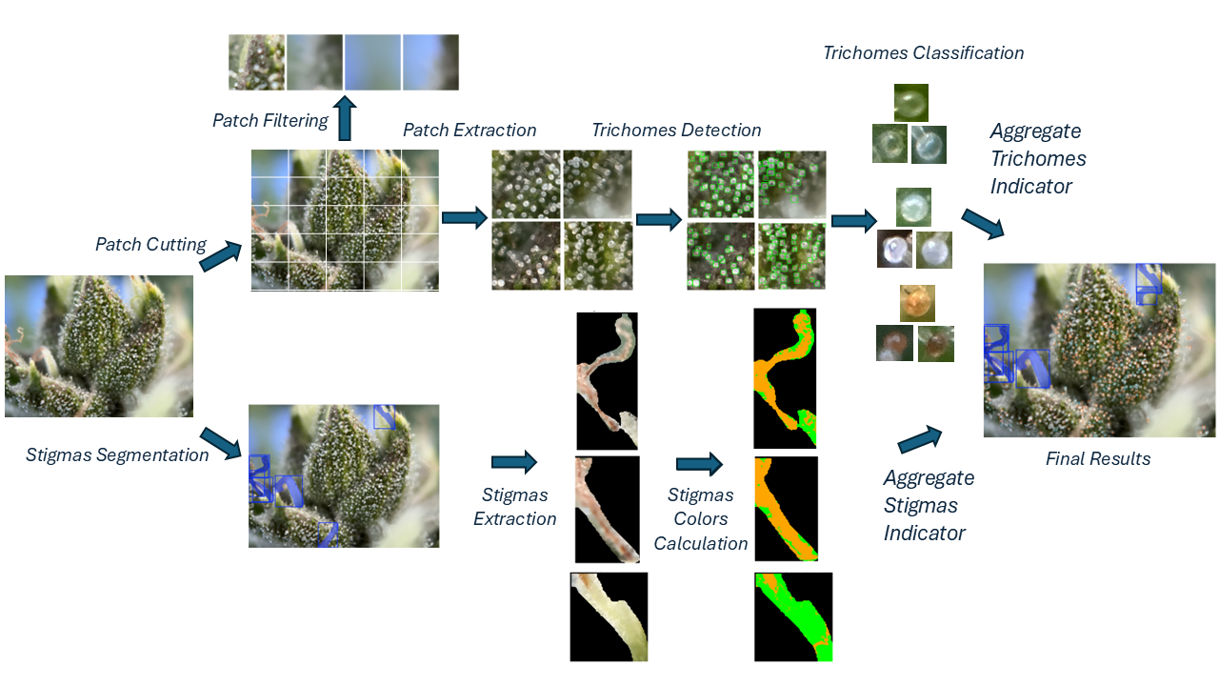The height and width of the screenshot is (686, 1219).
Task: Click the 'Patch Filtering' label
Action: (x=270, y=121)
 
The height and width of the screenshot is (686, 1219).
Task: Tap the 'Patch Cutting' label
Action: (x=150, y=245)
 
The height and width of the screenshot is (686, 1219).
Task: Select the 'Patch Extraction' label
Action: (x=470, y=131)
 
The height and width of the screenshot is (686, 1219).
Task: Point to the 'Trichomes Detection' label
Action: (x=676, y=131)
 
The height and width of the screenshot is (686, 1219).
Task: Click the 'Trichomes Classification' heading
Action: (x=923, y=53)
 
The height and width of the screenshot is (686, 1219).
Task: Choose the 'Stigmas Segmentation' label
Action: (x=117, y=455)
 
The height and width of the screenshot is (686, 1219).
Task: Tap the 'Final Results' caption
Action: (x=1098, y=459)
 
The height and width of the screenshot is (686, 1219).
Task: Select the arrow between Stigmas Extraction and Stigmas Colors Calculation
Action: (x=699, y=464)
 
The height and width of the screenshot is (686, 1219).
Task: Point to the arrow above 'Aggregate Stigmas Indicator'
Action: (x=920, y=440)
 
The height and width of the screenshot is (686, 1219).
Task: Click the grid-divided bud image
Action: (x=345, y=219)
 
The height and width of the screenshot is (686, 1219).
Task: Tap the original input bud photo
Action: (x=99, y=346)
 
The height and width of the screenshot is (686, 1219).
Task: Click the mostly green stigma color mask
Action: (x=792, y=616)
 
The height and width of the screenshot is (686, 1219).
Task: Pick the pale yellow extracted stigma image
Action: (x=609, y=616)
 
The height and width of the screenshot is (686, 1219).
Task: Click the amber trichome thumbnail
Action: (x=917, y=303)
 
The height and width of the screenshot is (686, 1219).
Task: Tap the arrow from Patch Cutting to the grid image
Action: (x=220, y=256)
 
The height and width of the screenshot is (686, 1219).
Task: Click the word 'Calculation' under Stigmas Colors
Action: (x=700, y=544)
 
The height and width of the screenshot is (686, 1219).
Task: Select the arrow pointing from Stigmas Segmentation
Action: (x=220, y=443)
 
